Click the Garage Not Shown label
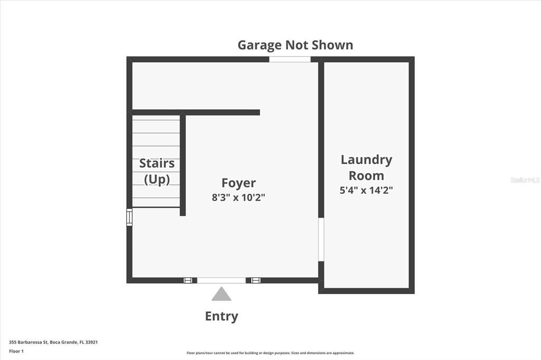(295, 45)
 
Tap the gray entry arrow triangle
(221, 294)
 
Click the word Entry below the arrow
(221, 316)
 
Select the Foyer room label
(238, 183)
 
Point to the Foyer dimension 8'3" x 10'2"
(238, 197)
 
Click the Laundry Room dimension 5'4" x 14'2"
(366, 190)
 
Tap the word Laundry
(367, 160)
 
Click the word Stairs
(156, 163)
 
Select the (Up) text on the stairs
(156, 179)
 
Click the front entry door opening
(221, 280)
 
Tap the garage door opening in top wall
(290, 59)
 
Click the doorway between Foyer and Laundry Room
(321, 240)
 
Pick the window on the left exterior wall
(129, 217)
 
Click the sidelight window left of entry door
(188, 280)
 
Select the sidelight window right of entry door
(256, 280)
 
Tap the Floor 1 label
(16, 352)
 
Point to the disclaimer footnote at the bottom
(270, 353)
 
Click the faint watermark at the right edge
(525, 180)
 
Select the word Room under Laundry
(367, 176)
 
